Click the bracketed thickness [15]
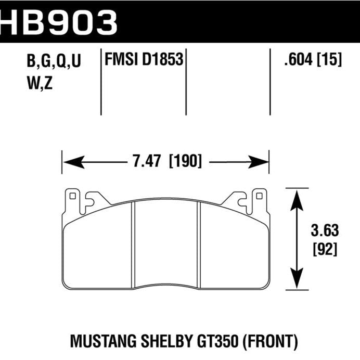pos(330,61)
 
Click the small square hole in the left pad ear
pos(72,197)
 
